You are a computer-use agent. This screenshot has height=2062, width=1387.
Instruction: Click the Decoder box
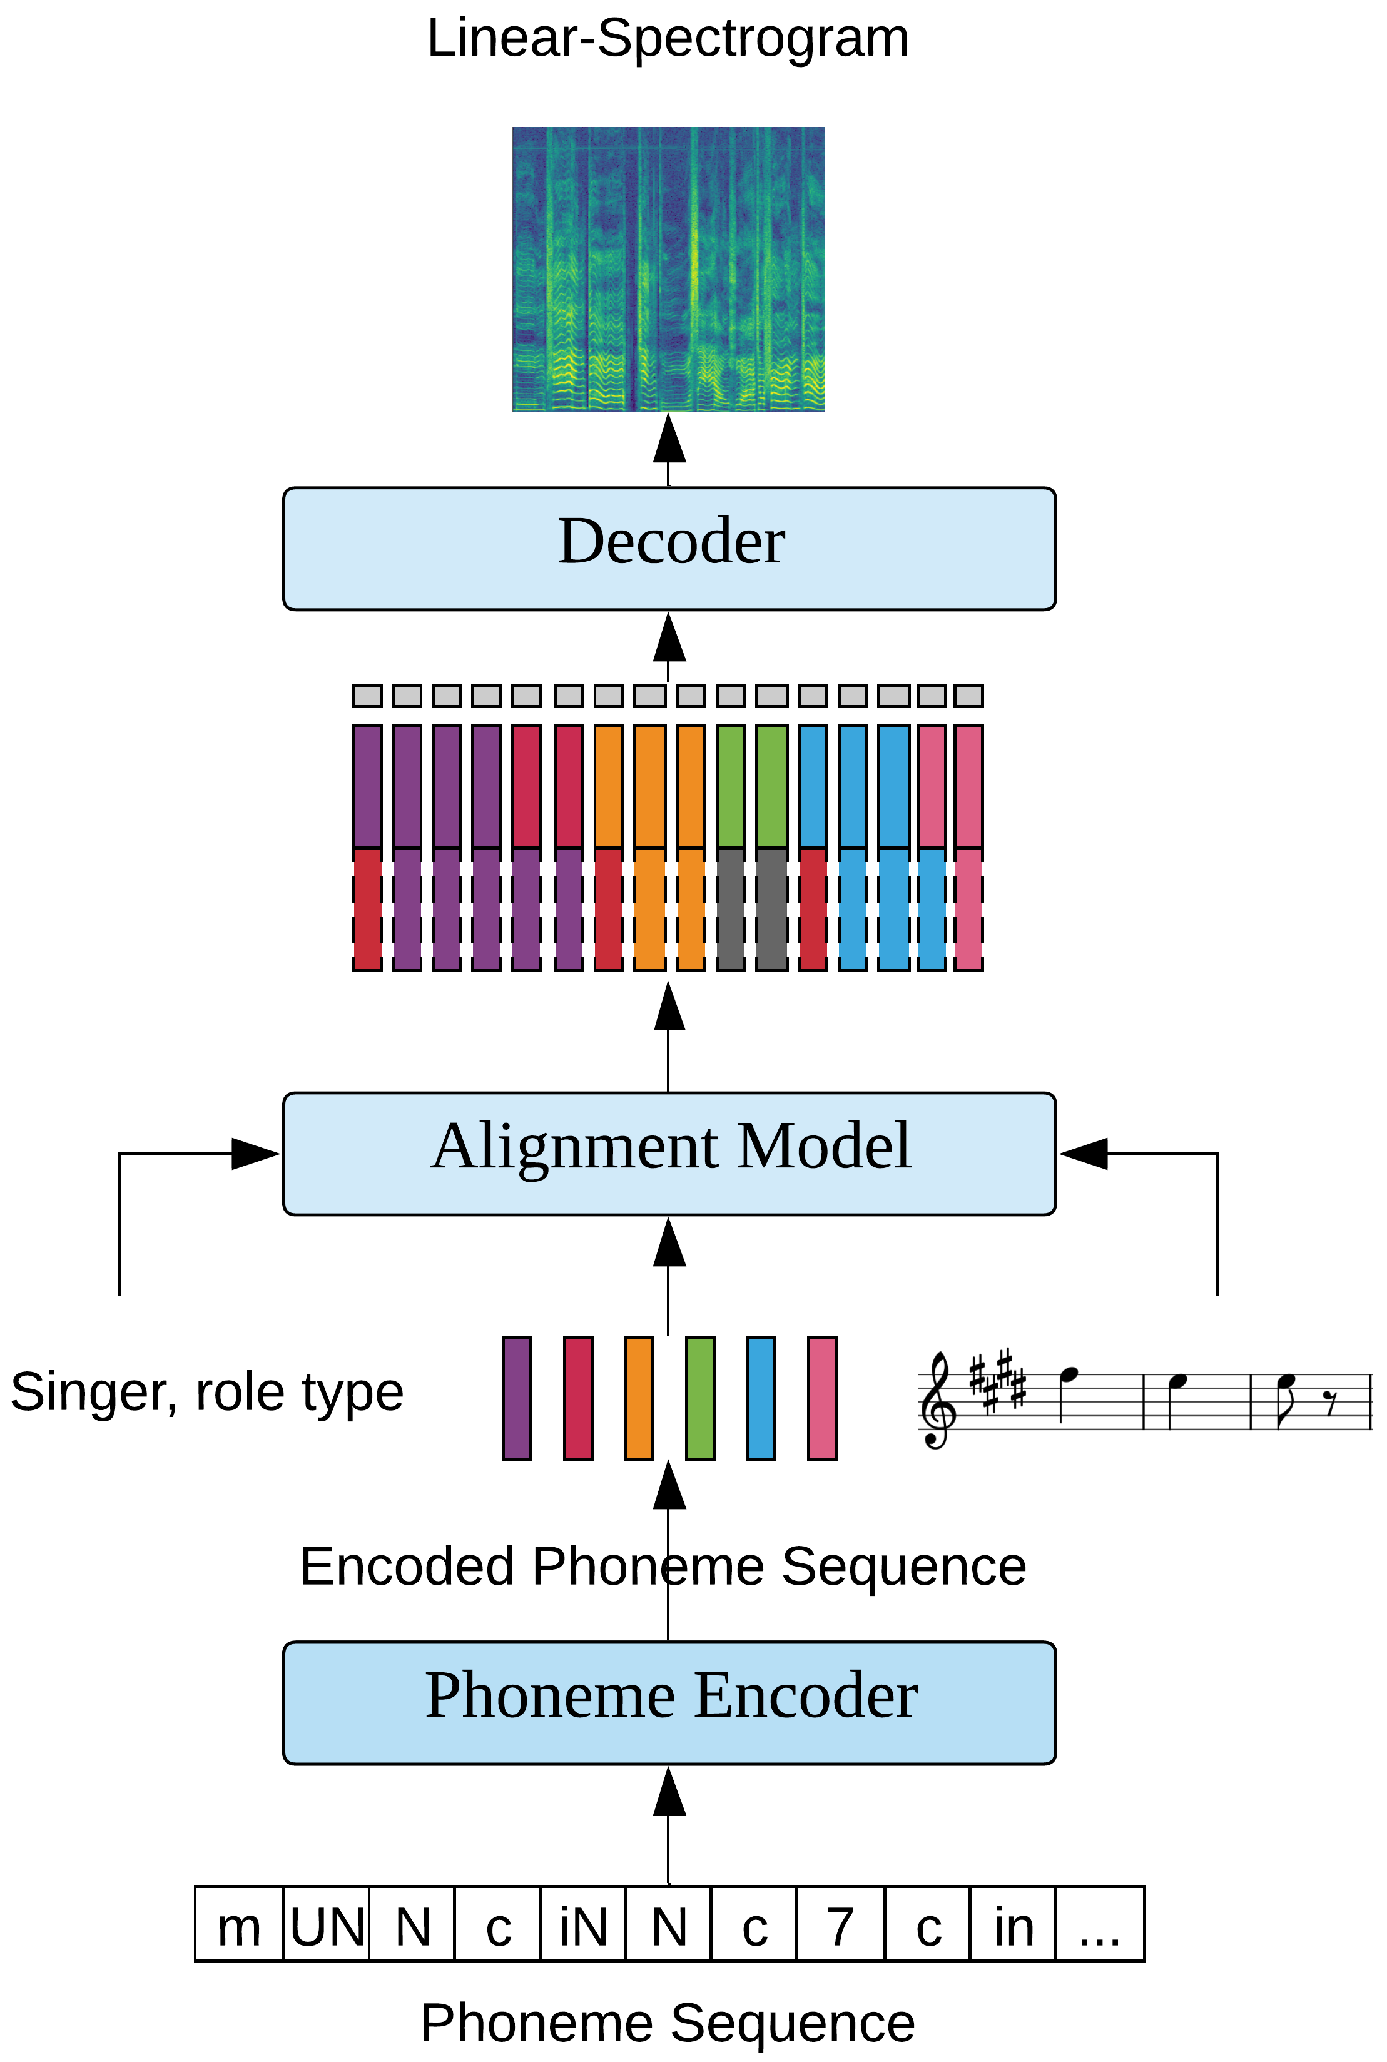tap(669, 549)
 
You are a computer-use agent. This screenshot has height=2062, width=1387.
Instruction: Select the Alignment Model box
tap(669, 1154)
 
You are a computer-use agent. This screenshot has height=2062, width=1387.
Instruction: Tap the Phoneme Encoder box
tap(669, 1703)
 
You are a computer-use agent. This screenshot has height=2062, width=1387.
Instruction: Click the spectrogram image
tap(669, 269)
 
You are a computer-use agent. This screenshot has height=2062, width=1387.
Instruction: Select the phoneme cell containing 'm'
tap(239, 1924)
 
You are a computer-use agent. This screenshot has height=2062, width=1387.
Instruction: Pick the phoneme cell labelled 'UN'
tap(327, 1924)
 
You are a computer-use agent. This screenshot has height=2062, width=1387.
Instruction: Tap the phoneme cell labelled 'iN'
tap(583, 1924)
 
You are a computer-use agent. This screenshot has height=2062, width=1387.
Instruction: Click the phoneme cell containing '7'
tap(840, 1924)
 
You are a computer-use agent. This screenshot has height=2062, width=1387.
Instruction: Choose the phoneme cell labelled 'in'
tap(1014, 1924)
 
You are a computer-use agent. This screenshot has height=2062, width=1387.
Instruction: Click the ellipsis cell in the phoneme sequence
tap(1099, 1924)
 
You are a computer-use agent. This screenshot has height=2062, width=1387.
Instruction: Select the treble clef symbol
tap(938, 1400)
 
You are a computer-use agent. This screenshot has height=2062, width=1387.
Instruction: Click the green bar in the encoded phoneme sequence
tap(699, 1398)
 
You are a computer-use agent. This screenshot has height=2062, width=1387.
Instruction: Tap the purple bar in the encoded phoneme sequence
tap(517, 1398)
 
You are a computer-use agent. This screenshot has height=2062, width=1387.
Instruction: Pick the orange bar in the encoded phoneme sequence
tap(639, 1398)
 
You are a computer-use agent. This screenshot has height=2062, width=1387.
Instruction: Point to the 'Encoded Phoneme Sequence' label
tap(663, 1567)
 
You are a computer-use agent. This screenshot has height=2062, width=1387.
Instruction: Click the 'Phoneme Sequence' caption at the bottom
tap(668, 2023)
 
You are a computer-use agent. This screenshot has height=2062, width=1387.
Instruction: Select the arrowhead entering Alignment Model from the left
tap(256, 1154)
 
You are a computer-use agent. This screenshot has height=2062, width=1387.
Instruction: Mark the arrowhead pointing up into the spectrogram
tap(669, 438)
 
